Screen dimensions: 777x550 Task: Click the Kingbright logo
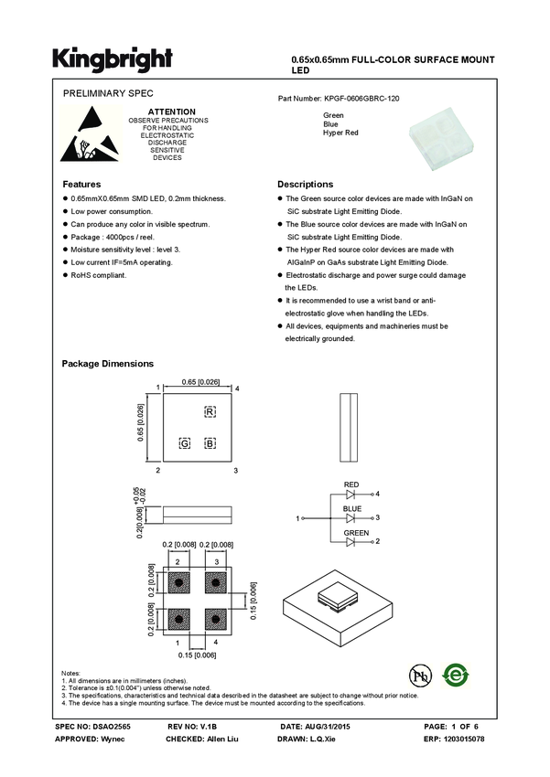click(x=112, y=59)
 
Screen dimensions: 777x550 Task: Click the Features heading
click(x=81, y=184)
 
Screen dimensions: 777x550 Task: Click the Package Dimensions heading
click(x=107, y=363)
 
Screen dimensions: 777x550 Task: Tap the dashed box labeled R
click(x=210, y=413)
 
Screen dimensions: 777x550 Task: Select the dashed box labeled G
click(x=185, y=443)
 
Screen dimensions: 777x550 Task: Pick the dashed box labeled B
click(x=210, y=443)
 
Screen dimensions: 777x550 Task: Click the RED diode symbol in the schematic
click(x=351, y=494)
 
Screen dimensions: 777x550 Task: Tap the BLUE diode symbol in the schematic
click(x=351, y=518)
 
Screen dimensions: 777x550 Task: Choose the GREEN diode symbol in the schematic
click(x=351, y=542)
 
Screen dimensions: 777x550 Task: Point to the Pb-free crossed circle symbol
click(x=420, y=676)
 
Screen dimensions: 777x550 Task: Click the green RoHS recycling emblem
click(x=455, y=676)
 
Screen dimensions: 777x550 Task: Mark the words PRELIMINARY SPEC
click(x=108, y=94)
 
